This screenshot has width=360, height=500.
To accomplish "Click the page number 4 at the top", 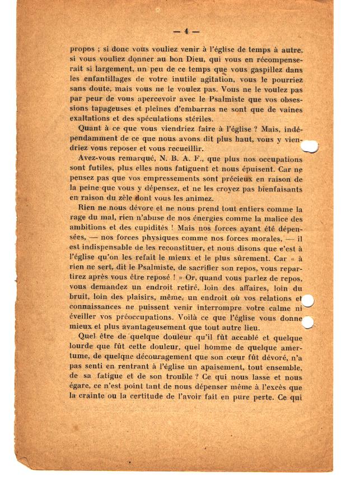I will point(186,31).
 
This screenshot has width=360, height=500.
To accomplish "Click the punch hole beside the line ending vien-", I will point(308,147).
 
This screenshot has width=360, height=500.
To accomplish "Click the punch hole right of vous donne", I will point(307,322).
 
